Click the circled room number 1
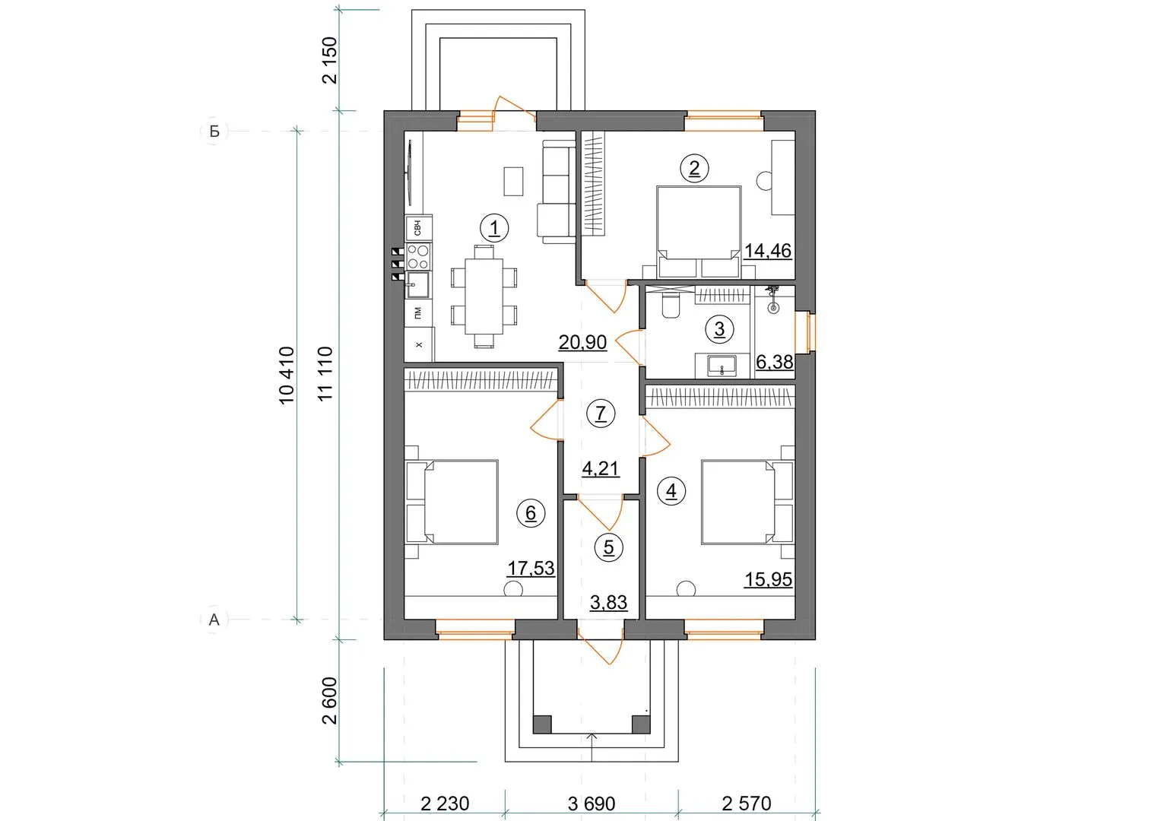494,228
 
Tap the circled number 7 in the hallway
601,414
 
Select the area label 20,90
582,342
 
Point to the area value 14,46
768,251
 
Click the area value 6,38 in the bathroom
774,362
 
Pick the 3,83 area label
608,602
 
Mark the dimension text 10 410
287,376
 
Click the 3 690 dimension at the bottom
592,804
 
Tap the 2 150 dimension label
330,60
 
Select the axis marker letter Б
214,132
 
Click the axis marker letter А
214,620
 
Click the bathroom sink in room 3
722,365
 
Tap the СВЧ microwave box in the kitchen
418,227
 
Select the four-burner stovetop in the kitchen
418,257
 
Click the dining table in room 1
484,296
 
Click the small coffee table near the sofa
513,181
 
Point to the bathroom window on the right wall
811,332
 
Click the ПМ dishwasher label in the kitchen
417,312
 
